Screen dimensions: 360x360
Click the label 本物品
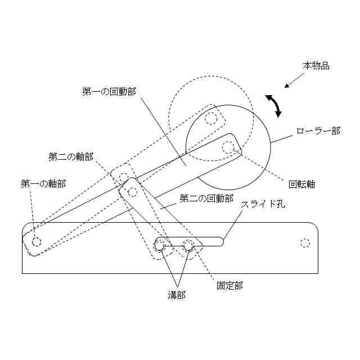316,66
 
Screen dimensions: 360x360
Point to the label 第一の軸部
43,183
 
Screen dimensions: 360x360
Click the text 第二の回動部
206,198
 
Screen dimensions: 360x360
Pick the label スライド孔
263,204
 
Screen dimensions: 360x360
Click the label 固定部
230,285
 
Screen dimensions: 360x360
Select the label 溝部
177,294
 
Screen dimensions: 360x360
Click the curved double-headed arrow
274,106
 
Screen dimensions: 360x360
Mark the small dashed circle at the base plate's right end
305,243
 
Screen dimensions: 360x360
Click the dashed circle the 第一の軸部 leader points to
37,242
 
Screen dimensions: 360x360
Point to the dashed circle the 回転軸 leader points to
228,148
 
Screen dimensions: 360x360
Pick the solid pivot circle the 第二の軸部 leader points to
133,192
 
